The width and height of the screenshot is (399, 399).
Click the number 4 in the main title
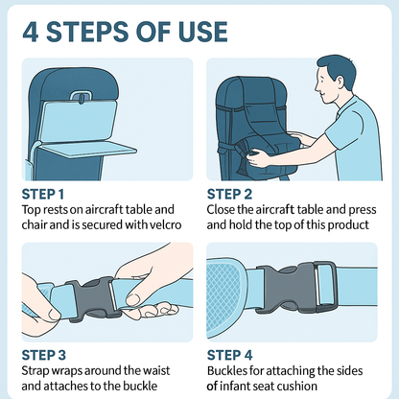33,31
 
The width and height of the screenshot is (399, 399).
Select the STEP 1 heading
44,192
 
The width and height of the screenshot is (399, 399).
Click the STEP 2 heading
231,192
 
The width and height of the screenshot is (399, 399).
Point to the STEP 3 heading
45,353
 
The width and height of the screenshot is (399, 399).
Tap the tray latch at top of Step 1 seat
82,96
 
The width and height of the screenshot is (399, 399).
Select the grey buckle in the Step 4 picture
299,288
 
